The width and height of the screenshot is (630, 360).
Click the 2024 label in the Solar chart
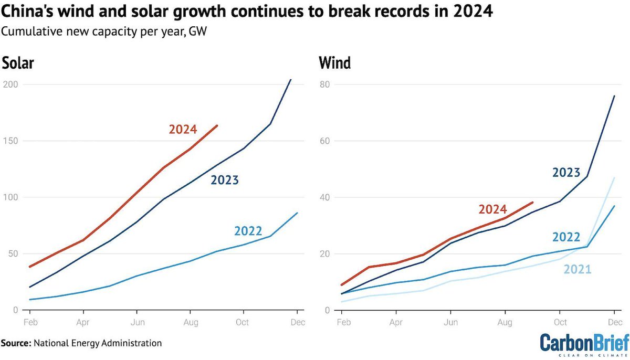click(x=183, y=129)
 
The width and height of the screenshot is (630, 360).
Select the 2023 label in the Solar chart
click(x=225, y=181)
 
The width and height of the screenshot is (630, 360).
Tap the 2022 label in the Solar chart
click(x=248, y=231)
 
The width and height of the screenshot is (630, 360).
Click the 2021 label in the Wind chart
click(x=577, y=270)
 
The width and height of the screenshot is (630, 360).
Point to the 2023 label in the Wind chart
click(x=566, y=172)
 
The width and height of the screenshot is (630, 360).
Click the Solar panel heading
click(x=18, y=63)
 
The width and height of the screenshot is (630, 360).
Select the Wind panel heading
click(x=335, y=63)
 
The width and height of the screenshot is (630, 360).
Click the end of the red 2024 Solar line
click(x=217, y=125)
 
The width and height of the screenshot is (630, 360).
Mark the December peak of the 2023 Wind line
click(x=614, y=96)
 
